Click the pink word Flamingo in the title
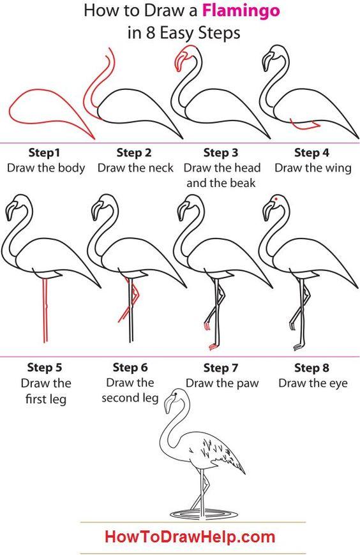[x=241, y=11]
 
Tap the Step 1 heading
[x=44, y=153]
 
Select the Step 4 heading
[x=312, y=153]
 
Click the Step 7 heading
[x=220, y=368]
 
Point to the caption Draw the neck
[x=135, y=168]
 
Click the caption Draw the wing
[x=313, y=168]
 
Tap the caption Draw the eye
[x=313, y=383]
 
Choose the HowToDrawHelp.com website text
[x=190, y=537]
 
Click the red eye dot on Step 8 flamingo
[x=275, y=199]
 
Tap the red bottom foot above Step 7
[x=213, y=346]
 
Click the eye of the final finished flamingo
[x=175, y=394]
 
